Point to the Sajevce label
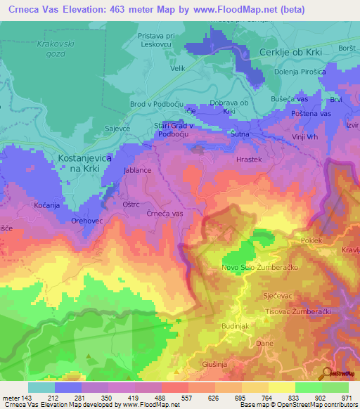point(99,129)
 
